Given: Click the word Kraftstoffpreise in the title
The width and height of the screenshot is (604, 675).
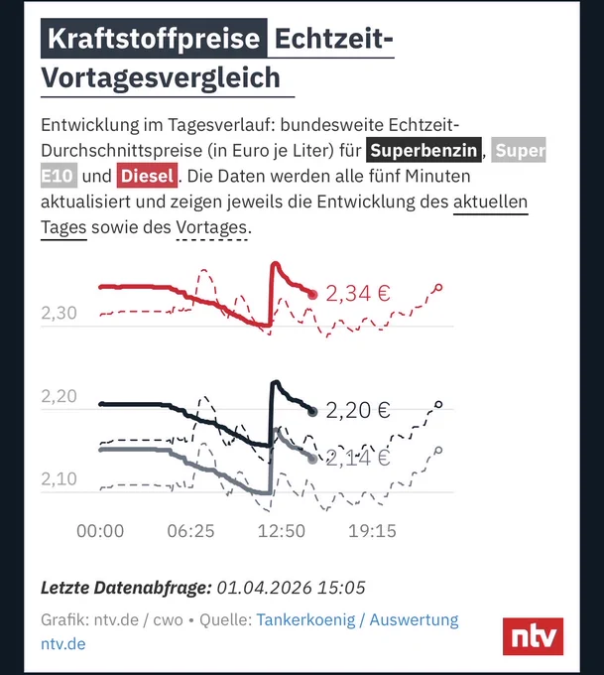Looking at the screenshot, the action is click(x=154, y=39).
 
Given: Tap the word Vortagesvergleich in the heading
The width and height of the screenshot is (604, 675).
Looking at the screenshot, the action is click(x=161, y=77).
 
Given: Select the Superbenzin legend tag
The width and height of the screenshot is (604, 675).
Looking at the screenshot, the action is click(x=423, y=150).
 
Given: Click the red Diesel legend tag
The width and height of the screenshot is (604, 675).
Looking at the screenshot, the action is click(x=147, y=176).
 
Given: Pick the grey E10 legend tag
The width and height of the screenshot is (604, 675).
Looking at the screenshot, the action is click(x=59, y=176).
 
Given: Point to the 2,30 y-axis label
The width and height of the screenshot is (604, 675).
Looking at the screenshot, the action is click(x=59, y=313).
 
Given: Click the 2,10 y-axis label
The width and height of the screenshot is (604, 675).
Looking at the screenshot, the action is click(x=59, y=478).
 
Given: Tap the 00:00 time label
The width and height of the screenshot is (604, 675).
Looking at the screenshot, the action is click(x=100, y=531).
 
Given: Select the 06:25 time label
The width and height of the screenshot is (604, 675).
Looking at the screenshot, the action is click(x=190, y=531).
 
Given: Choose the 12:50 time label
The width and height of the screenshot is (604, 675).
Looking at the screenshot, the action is click(x=282, y=531).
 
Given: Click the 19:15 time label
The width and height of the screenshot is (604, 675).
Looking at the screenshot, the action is click(x=372, y=531).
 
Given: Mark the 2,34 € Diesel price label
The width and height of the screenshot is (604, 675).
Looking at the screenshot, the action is click(x=358, y=294).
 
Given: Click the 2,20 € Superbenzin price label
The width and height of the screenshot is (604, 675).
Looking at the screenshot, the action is click(x=358, y=410).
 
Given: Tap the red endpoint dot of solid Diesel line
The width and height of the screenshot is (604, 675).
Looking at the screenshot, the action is click(x=312, y=295).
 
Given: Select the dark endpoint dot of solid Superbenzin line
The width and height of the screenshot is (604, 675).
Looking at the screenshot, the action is click(x=312, y=412).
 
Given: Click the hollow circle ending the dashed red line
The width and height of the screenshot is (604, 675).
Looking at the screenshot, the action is click(x=438, y=288).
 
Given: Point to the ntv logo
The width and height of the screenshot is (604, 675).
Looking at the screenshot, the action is click(x=533, y=636).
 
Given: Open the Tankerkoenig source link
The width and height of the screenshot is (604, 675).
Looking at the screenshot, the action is click(x=305, y=619).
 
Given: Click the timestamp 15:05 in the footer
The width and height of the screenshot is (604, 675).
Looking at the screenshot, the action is click(x=341, y=588).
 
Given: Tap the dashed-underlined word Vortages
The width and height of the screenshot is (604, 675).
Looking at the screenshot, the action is click(x=211, y=227).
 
